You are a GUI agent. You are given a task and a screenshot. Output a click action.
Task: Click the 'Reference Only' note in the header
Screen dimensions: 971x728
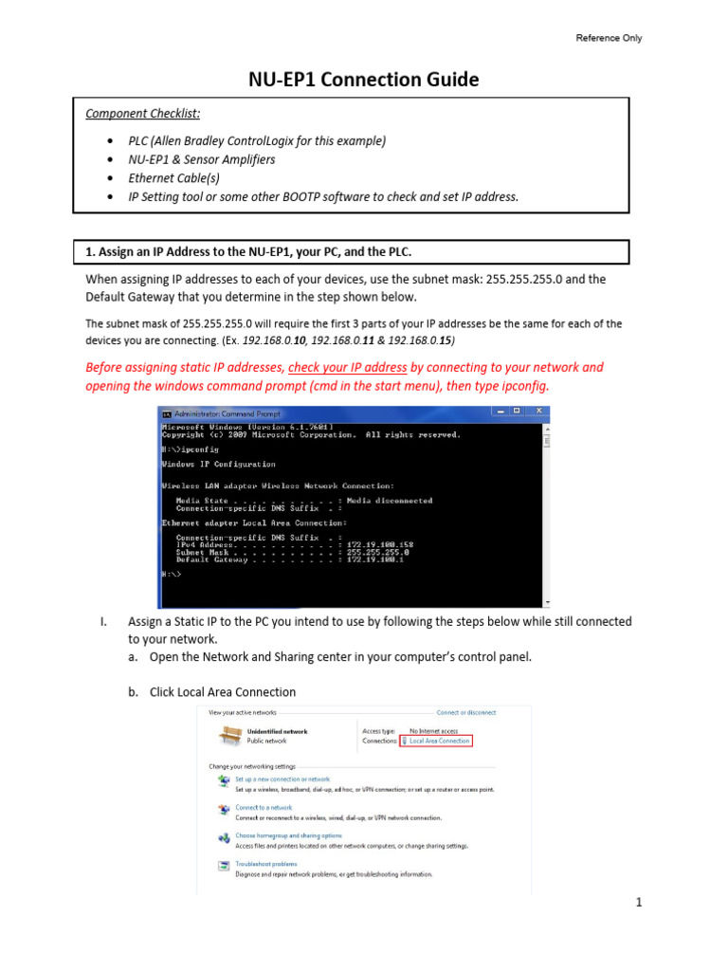(x=609, y=38)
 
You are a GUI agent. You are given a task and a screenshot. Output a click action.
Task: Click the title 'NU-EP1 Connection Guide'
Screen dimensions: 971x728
(x=364, y=80)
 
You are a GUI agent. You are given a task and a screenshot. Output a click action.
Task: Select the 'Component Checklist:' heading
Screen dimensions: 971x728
(x=143, y=114)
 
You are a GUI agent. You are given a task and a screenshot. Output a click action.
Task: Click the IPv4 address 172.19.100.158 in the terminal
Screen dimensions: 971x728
(x=379, y=544)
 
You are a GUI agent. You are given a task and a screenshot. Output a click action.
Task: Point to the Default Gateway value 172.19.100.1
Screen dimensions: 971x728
(x=375, y=559)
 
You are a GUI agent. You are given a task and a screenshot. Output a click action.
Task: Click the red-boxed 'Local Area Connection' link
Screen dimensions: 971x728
(x=436, y=741)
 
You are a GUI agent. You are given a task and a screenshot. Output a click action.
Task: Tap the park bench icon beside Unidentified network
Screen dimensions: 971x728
(x=229, y=735)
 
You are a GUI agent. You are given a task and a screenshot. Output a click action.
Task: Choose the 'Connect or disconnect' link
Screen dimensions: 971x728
(x=465, y=712)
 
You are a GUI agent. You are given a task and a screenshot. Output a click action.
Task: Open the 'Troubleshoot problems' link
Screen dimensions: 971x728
(x=266, y=864)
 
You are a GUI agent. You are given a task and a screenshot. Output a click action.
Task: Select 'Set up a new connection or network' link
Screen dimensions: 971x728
(x=282, y=779)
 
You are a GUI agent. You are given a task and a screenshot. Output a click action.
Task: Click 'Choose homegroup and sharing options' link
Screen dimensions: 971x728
(x=288, y=835)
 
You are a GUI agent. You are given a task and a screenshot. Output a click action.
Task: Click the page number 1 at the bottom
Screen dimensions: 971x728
(x=639, y=903)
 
